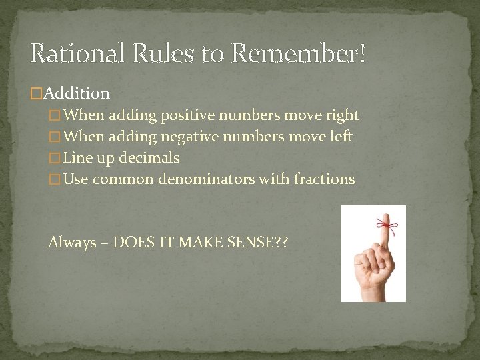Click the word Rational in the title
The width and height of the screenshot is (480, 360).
[75, 53]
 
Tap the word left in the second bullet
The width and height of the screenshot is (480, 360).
[340, 137]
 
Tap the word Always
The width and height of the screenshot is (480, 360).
[72, 243]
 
